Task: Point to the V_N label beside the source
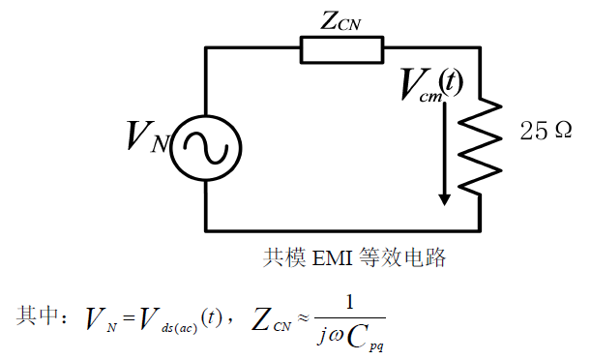(x=146, y=139)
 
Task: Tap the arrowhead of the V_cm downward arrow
(x=444, y=197)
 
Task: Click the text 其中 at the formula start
(x=40, y=315)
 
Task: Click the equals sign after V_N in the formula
(x=127, y=317)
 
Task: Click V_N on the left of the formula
(x=101, y=317)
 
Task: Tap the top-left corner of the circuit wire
(x=206, y=47)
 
